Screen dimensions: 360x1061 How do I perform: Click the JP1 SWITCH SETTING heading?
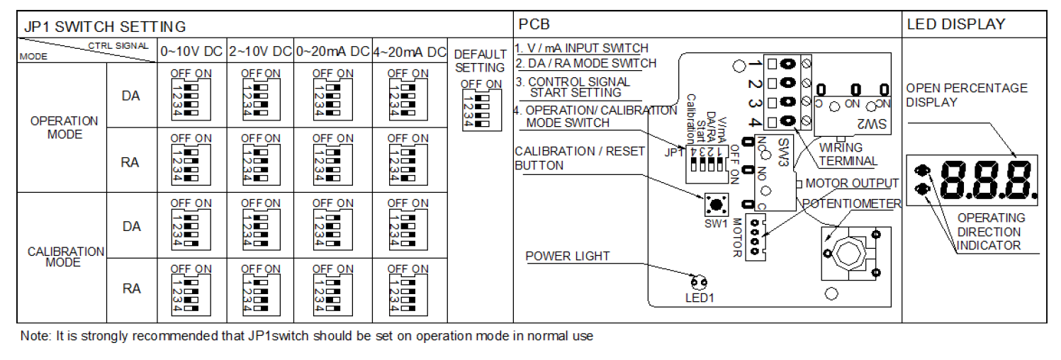105,27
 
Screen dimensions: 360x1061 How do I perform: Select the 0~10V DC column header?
191,52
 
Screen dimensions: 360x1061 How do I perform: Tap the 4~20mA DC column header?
408,52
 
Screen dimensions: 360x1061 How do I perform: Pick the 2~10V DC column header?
260,52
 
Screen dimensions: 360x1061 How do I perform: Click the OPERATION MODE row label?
64,128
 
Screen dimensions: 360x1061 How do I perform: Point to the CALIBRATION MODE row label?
66,257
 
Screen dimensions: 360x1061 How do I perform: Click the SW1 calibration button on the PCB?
716,206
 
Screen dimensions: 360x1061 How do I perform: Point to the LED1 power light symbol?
699,283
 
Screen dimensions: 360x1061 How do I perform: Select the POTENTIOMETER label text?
851,203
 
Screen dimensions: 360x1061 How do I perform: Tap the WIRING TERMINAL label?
848,154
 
